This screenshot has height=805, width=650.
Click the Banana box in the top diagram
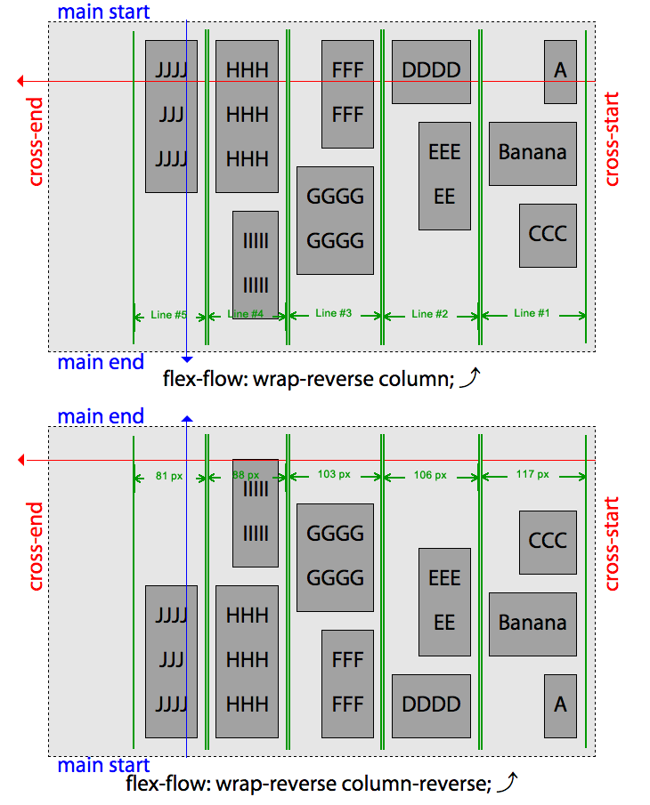coord(532,153)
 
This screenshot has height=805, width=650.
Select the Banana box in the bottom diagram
coord(532,624)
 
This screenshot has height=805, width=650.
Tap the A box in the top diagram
coord(560,71)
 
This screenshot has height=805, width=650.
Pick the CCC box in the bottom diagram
coord(548,542)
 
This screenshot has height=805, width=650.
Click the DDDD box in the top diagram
coord(431,71)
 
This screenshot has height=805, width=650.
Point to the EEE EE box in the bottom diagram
coord(444,601)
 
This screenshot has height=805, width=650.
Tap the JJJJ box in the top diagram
coord(171,116)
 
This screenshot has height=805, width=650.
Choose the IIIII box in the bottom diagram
coord(256,512)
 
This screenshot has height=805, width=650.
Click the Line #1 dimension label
coord(532,313)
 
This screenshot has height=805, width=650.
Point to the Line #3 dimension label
coord(334,313)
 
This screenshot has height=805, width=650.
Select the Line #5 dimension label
coord(169,315)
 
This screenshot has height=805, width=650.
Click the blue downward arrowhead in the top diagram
coord(186,358)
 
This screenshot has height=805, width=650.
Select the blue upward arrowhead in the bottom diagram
coord(186,418)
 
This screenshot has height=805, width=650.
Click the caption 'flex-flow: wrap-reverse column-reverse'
coord(308,784)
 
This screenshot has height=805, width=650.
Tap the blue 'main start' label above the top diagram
coord(103,12)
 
